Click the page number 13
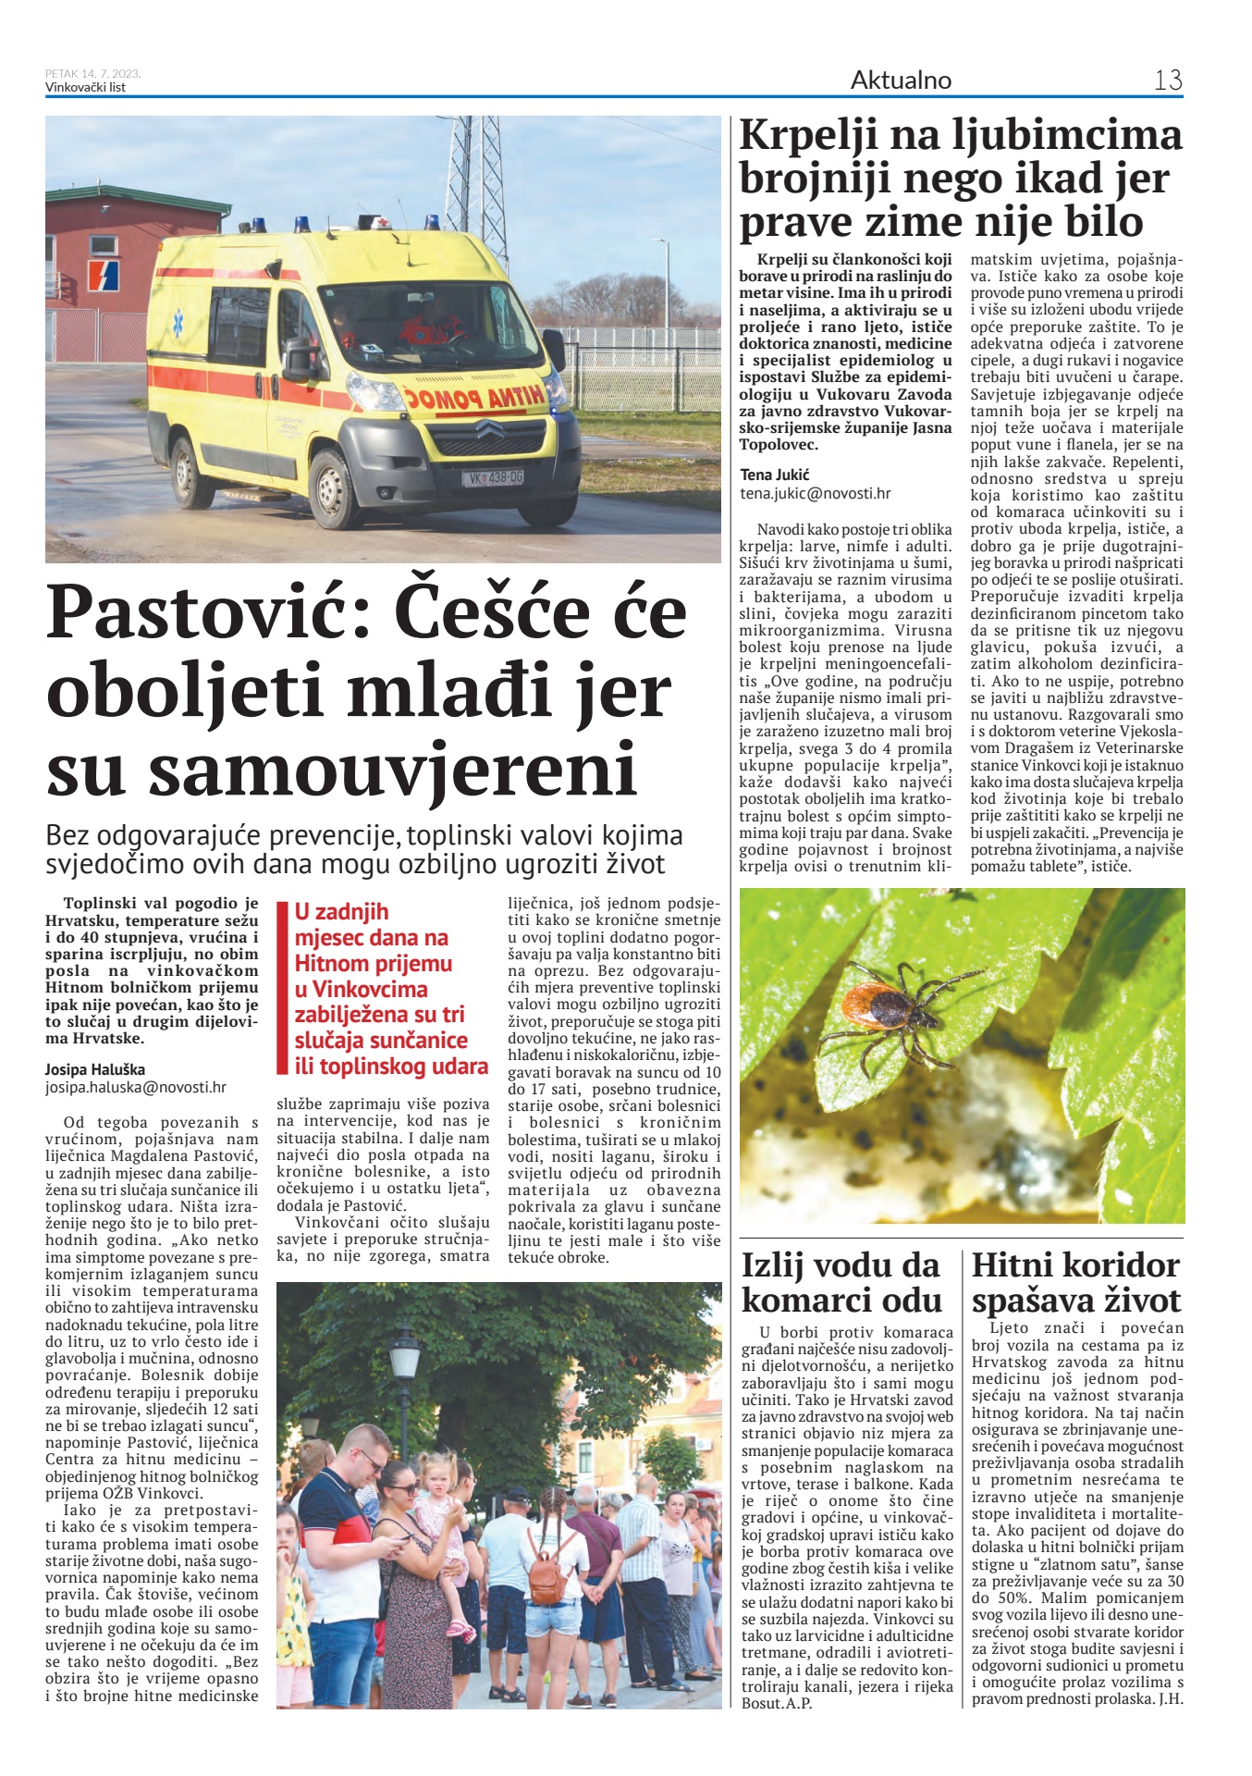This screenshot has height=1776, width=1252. point(1168,80)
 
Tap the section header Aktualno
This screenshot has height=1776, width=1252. point(901,80)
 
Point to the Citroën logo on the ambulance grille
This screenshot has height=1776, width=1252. point(489,429)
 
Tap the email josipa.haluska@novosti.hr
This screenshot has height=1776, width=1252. point(136,1088)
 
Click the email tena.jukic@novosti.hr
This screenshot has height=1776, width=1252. point(816,494)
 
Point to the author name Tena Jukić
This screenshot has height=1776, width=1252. point(775,475)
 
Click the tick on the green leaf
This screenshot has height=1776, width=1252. point(883,1003)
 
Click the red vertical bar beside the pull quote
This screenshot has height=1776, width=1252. point(284,988)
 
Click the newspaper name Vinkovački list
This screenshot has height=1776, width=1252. point(85,88)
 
